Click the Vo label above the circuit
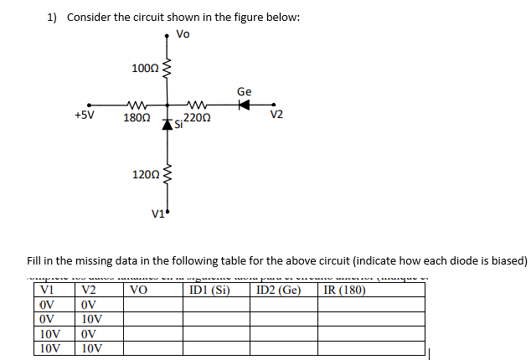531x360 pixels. (x=183, y=34)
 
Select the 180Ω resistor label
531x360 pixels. (x=137, y=119)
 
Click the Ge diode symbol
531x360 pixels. (x=244, y=106)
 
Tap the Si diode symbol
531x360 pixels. (x=168, y=125)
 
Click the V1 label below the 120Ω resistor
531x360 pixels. (x=157, y=212)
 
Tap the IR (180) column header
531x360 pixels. (x=344, y=291)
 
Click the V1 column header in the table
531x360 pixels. (x=49, y=291)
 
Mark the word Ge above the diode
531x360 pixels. (x=244, y=91)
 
